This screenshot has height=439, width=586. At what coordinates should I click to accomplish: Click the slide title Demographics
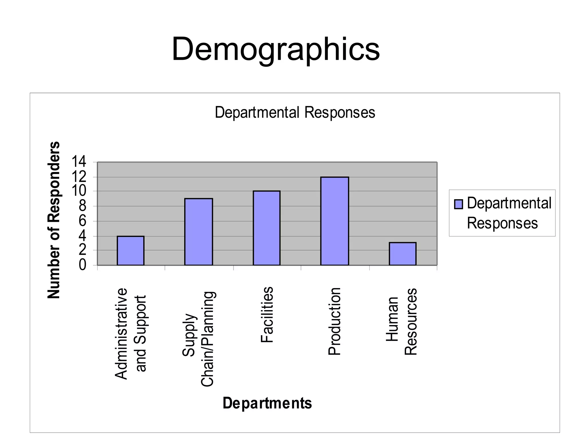276,49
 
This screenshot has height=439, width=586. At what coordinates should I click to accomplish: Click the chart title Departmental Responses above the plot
295,112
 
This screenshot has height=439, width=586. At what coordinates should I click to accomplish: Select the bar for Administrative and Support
130,251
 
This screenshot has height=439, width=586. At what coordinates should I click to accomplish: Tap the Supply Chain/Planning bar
199,232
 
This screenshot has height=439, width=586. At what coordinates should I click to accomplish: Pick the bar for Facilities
266,228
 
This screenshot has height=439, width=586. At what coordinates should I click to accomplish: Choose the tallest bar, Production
334,221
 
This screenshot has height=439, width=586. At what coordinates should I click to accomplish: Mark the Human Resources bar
402,254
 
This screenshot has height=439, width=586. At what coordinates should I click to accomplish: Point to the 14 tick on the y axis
78,162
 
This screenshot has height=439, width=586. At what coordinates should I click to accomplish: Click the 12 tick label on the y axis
78,177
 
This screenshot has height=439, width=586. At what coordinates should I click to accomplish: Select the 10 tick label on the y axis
78,191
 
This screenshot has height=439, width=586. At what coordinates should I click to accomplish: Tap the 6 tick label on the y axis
82,221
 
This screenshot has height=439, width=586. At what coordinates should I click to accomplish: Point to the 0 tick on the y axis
82,265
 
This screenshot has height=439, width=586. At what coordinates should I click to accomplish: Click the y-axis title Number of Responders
54,220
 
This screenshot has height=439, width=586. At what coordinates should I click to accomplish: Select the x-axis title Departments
267,403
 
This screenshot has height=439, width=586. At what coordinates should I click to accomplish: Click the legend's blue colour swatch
458,204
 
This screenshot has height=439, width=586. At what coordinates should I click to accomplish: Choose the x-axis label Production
334,321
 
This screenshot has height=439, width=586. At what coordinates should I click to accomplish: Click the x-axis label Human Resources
402,321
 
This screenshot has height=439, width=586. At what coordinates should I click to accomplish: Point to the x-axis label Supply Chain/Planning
198,339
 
